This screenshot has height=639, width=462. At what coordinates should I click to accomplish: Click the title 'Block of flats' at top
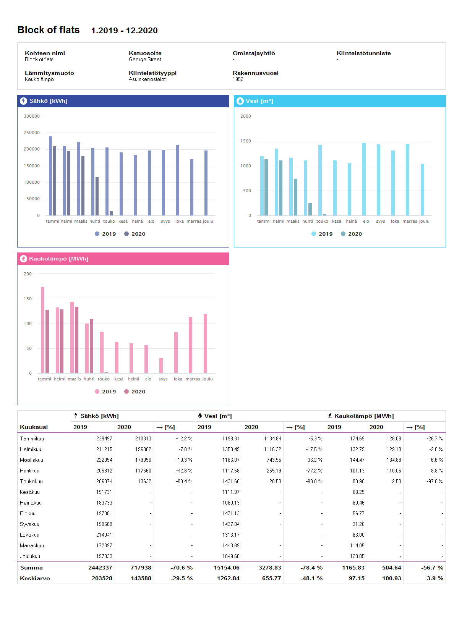(x=49, y=30)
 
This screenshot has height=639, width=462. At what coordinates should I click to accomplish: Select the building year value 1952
(x=238, y=79)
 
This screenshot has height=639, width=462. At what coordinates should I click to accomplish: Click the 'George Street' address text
(x=145, y=60)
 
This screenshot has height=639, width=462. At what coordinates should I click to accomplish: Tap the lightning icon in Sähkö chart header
(x=23, y=101)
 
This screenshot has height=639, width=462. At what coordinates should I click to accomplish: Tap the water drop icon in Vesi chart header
(x=240, y=101)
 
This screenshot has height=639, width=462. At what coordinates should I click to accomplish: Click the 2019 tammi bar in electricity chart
(x=50, y=176)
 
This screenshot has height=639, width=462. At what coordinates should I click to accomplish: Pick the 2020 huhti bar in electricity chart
(x=97, y=196)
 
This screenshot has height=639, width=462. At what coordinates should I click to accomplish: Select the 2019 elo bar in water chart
(x=364, y=179)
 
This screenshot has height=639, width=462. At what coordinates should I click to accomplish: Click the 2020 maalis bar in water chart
(x=295, y=197)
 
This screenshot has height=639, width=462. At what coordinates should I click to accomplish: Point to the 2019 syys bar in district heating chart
(x=161, y=366)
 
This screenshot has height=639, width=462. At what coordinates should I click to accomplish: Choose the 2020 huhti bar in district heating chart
(x=91, y=346)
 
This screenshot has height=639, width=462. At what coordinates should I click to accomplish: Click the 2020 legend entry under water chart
(x=351, y=234)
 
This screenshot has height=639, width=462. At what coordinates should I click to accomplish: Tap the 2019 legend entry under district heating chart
(x=105, y=391)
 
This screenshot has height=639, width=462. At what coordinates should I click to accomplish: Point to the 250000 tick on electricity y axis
(x=32, y=133)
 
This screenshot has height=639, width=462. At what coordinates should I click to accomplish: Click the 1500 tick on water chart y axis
(x=246, y=141)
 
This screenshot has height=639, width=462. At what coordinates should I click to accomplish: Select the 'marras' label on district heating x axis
(x=193, y=379)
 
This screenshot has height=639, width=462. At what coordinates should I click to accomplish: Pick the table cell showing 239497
(x=104, y=438)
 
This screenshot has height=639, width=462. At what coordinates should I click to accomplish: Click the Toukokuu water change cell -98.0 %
(x=314, y=481)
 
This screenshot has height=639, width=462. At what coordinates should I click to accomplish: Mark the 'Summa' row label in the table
(x=31, y=568)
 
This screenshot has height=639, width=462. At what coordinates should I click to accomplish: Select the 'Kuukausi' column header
(x=34, y=427)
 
